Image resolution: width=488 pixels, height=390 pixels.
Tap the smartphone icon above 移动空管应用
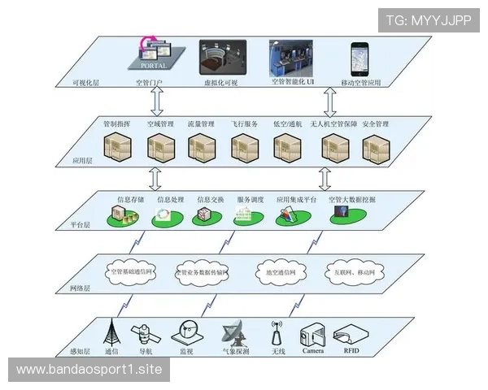click(359, 58)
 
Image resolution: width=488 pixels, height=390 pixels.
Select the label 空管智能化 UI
click(294, 82)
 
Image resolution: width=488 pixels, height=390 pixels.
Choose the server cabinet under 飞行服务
click(243, 147)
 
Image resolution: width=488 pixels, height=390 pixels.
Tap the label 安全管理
click(376, 124)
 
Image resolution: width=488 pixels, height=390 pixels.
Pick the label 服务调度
click(251, 198)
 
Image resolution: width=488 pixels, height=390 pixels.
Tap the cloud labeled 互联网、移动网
click(351, 271)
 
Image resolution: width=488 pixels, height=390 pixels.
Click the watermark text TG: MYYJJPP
click(428, 20)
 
